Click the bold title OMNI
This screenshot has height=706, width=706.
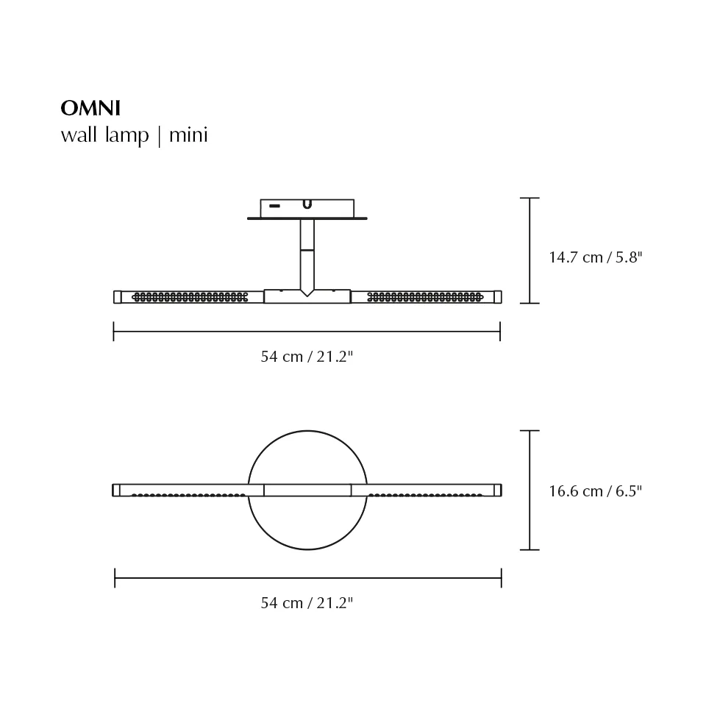coord(90,108)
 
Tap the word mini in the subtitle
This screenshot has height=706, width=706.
coord(188,135)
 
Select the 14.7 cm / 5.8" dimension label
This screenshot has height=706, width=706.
coord(595,257)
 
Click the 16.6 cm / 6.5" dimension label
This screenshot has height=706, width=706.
coord(595,491)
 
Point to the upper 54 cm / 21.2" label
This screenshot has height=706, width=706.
coord(307,357)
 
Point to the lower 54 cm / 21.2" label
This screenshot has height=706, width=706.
coord(307,603)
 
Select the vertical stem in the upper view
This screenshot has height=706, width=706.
coord(307,254)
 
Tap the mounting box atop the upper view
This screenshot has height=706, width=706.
coord(307,208)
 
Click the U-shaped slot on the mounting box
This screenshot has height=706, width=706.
coord(307,204)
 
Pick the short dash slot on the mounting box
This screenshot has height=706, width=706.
coord(274,206)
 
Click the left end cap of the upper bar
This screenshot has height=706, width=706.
coord(117,297)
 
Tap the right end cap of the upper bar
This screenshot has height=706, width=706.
coord(498,297)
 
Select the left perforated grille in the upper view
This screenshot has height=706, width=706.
coord(190,297)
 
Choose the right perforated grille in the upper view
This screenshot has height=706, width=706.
coord(424,297)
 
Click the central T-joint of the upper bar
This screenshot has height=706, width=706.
coord(307,296)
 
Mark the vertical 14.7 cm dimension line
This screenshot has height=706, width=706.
coord(529,250)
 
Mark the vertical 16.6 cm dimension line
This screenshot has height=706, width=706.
coord(529,490)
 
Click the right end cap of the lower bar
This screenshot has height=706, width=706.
coord(498,490)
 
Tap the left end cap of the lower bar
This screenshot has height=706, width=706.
coord(116,490)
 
